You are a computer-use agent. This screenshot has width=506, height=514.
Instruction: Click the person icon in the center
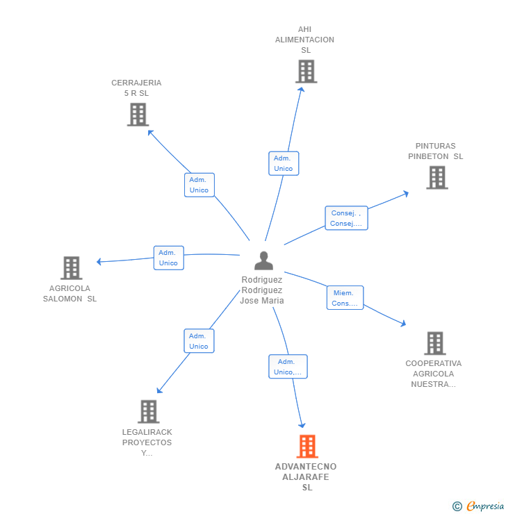[x=263, y=260]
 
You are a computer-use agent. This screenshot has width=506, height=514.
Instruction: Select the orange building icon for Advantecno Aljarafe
[x=307, y=446]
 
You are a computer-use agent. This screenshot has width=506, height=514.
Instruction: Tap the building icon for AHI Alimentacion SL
[x=307, y=71]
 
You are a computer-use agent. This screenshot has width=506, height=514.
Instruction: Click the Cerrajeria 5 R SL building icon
[x=138, y=115]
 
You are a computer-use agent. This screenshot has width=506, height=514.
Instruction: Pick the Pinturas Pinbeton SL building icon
[x=437, y=177]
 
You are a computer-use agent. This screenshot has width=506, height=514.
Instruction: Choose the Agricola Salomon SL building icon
[x=72, y=268]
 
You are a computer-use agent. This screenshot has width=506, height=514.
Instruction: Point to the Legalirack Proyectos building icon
[x=149, y=411]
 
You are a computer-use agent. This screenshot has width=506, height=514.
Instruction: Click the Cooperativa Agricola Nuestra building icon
[x=435, y=343]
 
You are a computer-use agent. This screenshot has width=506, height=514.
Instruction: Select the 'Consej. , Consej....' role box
[x=346, y=218]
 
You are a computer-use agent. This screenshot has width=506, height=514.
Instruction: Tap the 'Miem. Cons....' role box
[x=345, y=298]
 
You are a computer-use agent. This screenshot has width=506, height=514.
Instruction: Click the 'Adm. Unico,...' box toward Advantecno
[x=288, y=367]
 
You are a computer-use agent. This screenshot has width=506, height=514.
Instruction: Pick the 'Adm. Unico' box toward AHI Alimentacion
[x=284, y=163]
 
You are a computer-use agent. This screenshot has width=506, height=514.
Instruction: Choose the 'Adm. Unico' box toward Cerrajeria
[x=199, y=185]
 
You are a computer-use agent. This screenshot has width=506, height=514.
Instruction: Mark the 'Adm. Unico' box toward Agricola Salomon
[x=169, y=258]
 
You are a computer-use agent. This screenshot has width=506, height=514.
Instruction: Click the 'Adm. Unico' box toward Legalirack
[x=199, y=341]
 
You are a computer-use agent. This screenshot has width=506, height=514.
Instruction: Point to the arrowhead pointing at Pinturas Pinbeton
[x=407, y=194]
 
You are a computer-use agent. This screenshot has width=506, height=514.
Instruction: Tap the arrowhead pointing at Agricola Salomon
[x=99, y=262]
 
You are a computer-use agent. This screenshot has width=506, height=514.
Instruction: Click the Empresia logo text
[x=485, y=506]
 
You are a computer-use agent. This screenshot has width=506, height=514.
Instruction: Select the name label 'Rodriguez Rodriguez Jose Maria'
[x=262, y=290]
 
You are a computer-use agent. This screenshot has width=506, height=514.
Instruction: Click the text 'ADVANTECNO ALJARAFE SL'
[x=306, y=477]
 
